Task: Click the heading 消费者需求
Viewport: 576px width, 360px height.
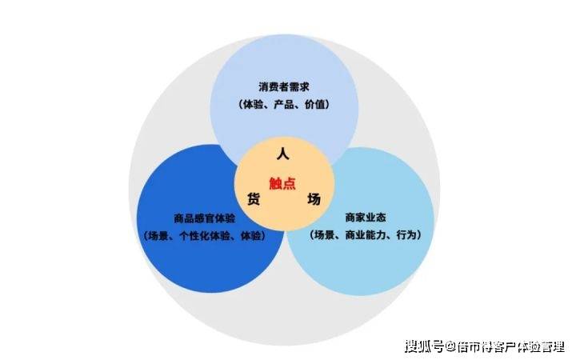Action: [284, 87]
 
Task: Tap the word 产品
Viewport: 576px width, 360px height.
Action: [284, 105]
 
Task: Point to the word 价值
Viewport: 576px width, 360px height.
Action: [315, 105]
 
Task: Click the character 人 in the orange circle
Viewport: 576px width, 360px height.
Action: [282, 153]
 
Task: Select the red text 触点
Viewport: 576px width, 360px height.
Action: [282, 183]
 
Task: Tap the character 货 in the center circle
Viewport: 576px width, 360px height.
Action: [254, 199]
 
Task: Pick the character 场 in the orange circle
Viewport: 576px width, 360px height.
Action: [314, 199]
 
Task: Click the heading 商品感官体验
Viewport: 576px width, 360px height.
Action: [204, 218]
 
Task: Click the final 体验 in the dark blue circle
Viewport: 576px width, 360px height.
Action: [250, 235]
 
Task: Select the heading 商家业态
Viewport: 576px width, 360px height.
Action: [365, 218]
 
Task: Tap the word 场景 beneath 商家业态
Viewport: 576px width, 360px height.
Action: [325, 234]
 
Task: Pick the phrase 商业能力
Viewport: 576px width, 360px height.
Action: [366, 234]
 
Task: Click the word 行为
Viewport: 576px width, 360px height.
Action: [406, 234]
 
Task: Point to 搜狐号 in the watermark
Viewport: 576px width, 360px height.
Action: [424, 346]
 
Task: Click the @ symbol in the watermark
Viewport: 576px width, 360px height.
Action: [450, 346]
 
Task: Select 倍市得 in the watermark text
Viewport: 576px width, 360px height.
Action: [474, 346]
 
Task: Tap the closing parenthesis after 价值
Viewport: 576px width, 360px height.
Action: [327, 105]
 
